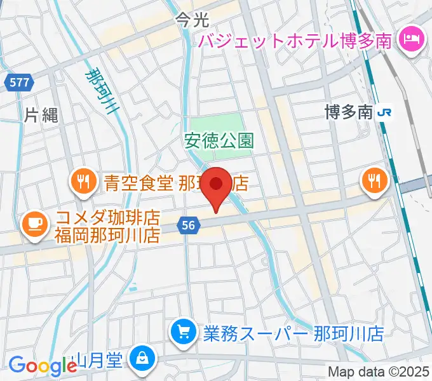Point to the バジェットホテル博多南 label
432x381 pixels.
(296, 41)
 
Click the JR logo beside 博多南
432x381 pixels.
(384, 113)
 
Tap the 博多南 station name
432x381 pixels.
(347, 113)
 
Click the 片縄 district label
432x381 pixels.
(42, 115)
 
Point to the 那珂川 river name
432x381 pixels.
(103, 91)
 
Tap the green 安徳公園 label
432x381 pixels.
(219, 140)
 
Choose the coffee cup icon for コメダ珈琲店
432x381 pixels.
(33, 223)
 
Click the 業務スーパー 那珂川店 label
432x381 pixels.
(294, 333)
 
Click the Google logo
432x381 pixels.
(43, 365)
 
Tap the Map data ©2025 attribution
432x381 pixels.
(379, 372)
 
